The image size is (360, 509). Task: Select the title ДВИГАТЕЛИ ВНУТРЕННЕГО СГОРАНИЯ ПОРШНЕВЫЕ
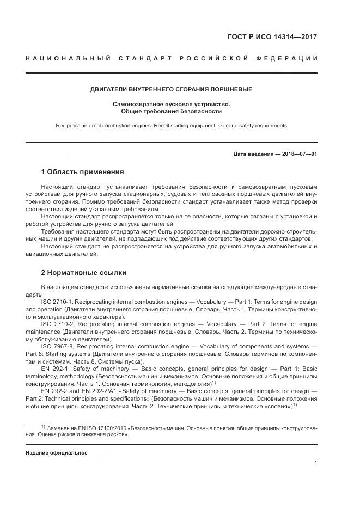(x=172, y=89)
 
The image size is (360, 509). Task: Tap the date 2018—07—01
(x=298, y=154)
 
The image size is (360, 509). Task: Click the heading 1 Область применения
(x=82, y=172)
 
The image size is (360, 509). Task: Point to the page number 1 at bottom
(x=316, y=463)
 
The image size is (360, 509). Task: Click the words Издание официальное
(x=56, y=453)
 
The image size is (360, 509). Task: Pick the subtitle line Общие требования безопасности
(x=172, y=111)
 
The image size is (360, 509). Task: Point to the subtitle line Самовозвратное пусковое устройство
(x=172, y=103)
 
